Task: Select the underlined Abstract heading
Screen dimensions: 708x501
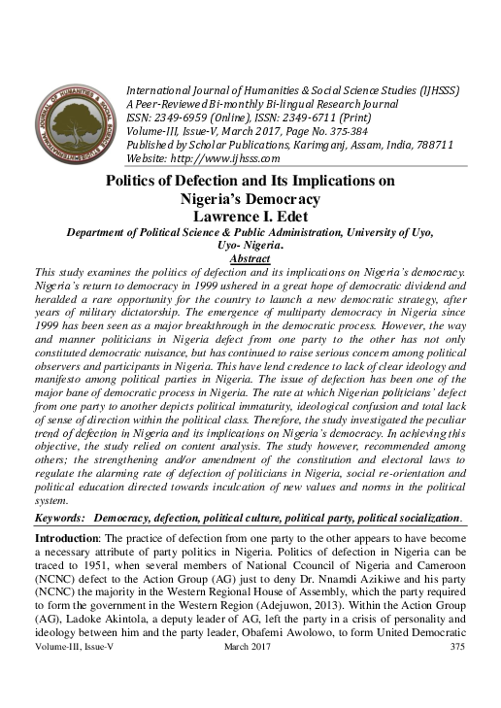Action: click(x=250, y=259)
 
